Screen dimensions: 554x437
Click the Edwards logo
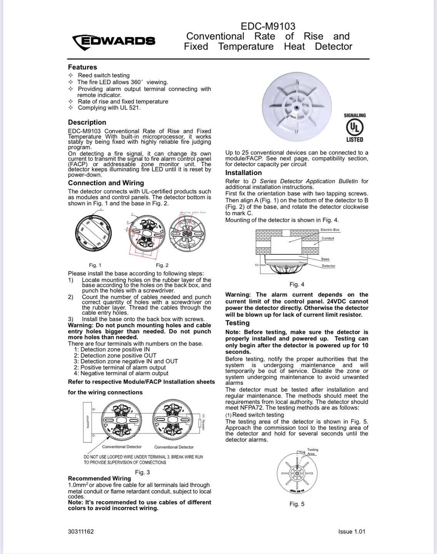click(x=114, y=41)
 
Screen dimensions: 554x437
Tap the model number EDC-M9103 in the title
click(x=268, y=26)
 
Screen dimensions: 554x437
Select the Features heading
click(x=82, y=67)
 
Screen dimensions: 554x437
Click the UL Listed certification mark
click(x=355, y=127)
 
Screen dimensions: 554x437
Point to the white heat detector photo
click(x=296, y=103)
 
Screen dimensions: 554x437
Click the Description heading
click(x=87, y=122)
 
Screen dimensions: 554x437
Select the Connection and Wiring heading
click(x=106, y=183)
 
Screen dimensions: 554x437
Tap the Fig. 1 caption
click(x=95, y=265)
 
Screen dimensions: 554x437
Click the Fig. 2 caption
click(x=162, y=265)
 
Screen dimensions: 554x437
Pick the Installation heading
click(x=244, y=173)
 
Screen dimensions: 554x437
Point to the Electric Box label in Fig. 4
click(x=330, y=230)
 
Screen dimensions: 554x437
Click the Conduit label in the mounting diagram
click(x=328, y=238)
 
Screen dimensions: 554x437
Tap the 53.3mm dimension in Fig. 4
click(x=260, y=265)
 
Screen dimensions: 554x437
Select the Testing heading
click(x=237, y=323)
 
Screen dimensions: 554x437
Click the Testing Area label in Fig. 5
click(x=312, y=451)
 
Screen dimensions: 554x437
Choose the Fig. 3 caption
click(x=142, y=472)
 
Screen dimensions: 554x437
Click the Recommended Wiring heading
click(x=99, y=478)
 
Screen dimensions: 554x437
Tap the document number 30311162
click(x=81, y=532)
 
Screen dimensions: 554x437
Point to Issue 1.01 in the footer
click(x=352, y=532)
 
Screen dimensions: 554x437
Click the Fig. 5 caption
click(x=297, y=504)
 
